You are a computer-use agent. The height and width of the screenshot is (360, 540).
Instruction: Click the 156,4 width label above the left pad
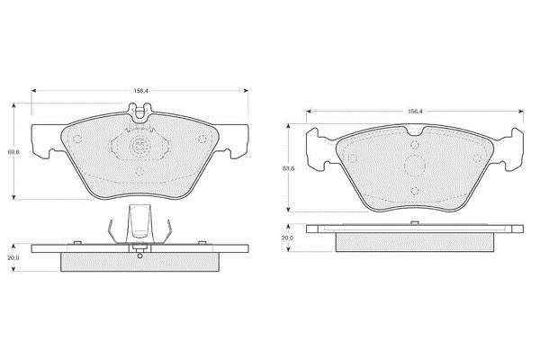(140, 91)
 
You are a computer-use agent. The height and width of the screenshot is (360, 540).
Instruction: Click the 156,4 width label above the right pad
(415, 112)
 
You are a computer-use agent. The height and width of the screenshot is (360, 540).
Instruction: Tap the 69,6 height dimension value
(13, 151)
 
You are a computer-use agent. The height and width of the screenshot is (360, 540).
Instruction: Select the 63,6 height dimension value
(288, 168)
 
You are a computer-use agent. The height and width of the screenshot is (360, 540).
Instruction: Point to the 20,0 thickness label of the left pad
(13, 257)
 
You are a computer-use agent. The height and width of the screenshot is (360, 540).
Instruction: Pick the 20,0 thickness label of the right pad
(288, 238)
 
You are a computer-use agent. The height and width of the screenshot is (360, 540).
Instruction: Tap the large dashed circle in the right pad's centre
(415, 166)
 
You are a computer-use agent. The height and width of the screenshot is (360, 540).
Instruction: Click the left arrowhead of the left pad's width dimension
(34, 91)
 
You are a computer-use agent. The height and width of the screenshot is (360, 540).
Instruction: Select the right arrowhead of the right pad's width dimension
(521, 112)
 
